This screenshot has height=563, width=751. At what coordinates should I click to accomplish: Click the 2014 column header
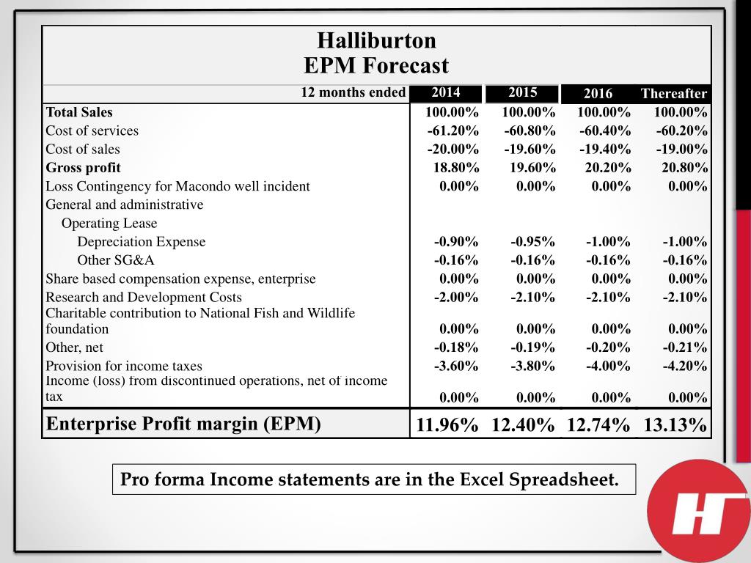pyautogui.click(x=446, y=92)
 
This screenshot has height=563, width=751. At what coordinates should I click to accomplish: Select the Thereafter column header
pyautogui.click(x=673, y=93)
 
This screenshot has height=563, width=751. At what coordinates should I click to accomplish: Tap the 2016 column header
pyautogui.click(x=598, y=93)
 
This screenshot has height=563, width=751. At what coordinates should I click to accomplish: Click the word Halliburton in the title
pyautogui.click(x=376, y=40)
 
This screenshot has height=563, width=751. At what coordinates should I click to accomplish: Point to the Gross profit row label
pyautogui.click(x=83, y=167)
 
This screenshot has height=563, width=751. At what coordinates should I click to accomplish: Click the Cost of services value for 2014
pyautogui.click(x=453, y=130)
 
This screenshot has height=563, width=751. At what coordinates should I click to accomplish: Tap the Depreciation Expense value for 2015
pyautogui.click(x=532, y=241)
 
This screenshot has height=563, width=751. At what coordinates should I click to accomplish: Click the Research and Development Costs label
pyautogui.click(x=143, y=297)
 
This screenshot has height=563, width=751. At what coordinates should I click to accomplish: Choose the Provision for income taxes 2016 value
pyautogui.click(x=608, y=365)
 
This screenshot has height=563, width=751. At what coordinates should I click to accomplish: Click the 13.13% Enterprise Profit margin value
pyautogui.click(x=675, y=424)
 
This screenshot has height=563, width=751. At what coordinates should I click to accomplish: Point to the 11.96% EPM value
pyautogui.click(x=447, y=424)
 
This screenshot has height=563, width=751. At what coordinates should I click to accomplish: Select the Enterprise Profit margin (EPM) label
pyautogui.click(x=183, y=424)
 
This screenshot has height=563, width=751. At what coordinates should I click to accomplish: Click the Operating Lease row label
pyautogui.click(x=109, y=223)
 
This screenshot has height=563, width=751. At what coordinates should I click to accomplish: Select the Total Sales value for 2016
pyautogui.click(x=604, y=112)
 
